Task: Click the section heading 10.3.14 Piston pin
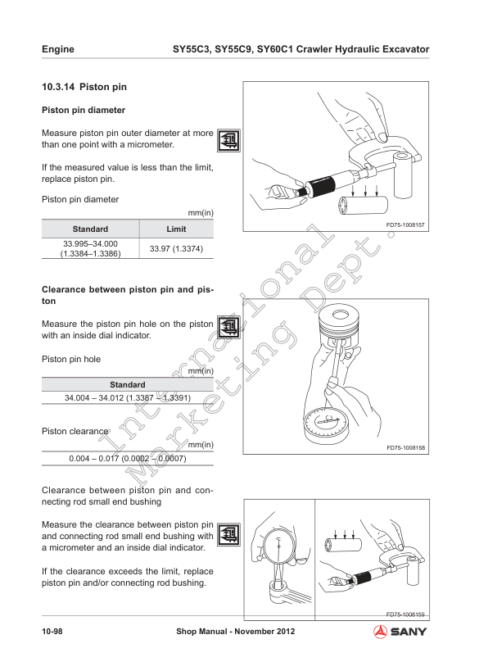pos(84,87)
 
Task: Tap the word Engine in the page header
pos(58,49)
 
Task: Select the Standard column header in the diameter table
pos(90,229)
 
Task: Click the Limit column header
pos(176,229)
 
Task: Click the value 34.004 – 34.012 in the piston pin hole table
pos(127,397)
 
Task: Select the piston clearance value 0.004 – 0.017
pos(127,458)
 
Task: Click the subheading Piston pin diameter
pos(83,109)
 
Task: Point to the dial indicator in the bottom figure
pos(279,546)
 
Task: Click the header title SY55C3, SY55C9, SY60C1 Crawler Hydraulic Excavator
pos(300,49)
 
